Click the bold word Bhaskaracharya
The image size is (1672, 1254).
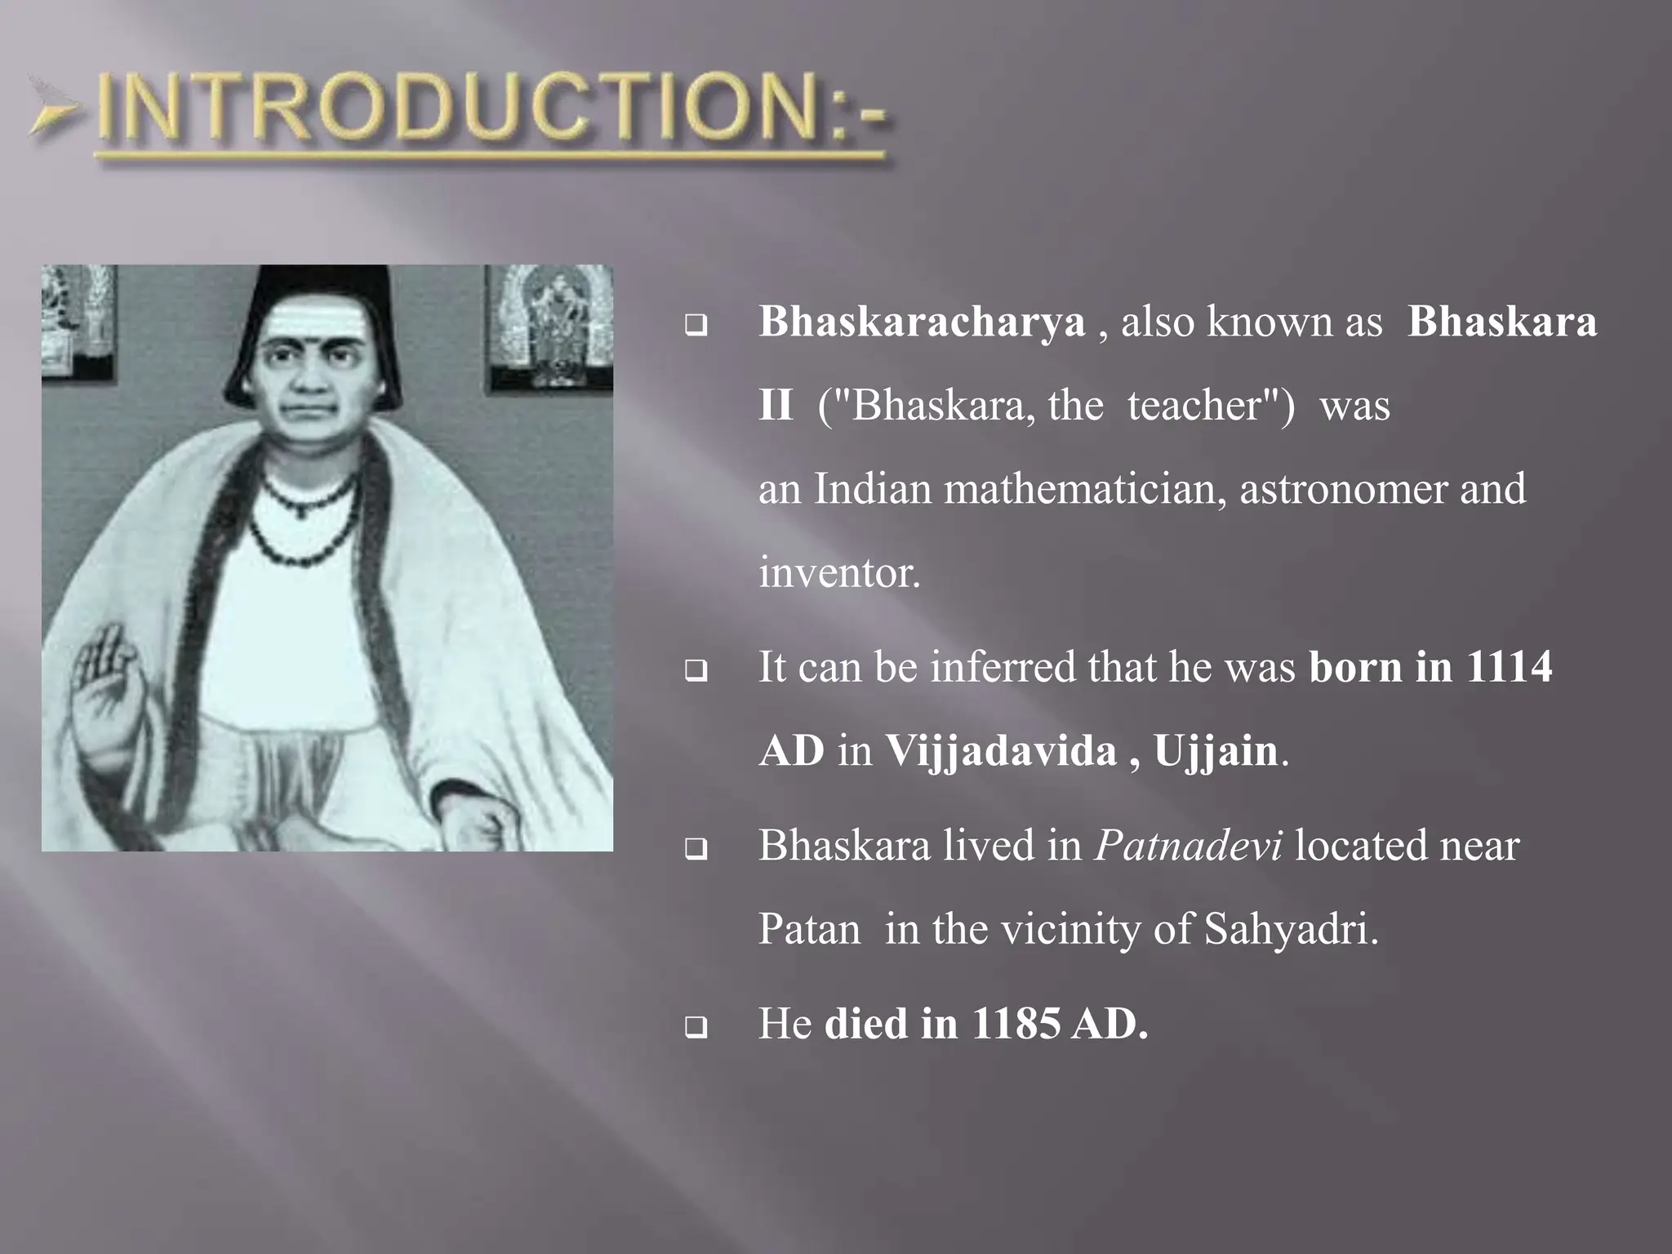click(x=922, y=322)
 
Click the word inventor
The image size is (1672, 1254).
click(x=839, y=572)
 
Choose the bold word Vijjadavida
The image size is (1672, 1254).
click(x=1001, y=750)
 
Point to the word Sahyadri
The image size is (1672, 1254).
click(x=1290, y=930)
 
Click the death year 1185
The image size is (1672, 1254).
click(x=1016, y=1024)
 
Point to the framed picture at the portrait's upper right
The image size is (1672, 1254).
click(x=549, y=327)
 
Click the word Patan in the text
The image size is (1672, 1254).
click(x=809, y=930)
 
